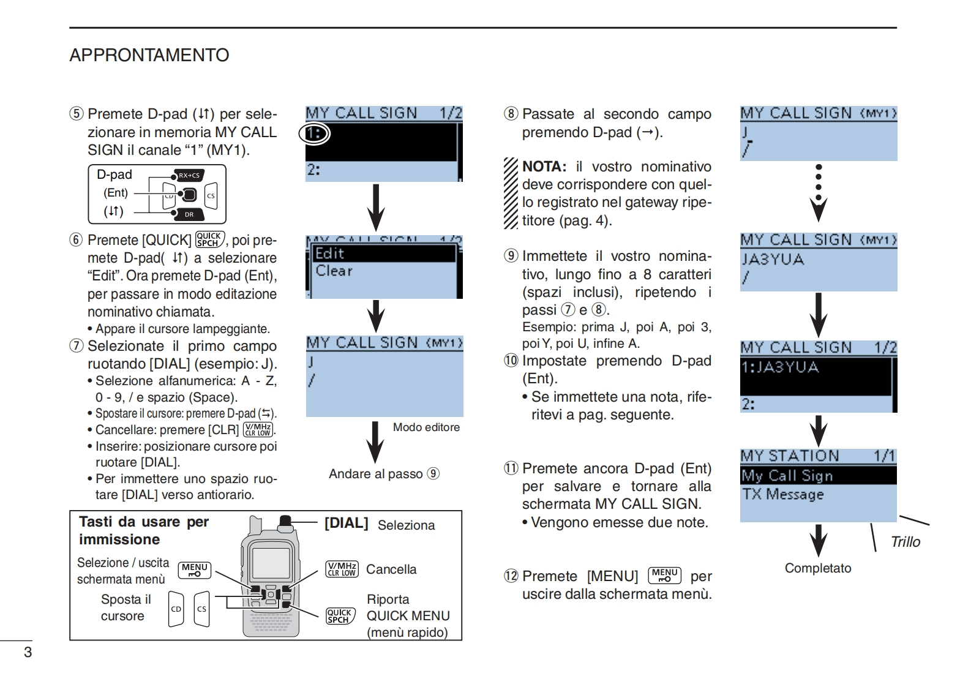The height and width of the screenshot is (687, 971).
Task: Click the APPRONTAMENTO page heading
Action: [149, 55]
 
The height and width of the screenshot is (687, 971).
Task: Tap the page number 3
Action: [28, 651]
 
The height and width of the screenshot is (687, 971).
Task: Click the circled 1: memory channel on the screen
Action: [315, 133]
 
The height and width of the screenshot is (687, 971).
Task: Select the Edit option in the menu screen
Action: [330, 253]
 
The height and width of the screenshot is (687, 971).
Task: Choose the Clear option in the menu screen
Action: [334, 271]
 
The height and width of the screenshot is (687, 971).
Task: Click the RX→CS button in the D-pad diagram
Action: [189, 176]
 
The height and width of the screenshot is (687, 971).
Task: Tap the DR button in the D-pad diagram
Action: [189, 214]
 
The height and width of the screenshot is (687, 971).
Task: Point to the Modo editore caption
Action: [426, 427]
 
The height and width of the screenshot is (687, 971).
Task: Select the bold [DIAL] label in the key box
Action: [346, 523]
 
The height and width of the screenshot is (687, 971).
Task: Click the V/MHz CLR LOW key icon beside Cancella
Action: [342, 569]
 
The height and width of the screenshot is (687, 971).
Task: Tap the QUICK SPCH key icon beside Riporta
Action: [340, 616]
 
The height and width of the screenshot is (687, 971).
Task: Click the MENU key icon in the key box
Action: [194, 570]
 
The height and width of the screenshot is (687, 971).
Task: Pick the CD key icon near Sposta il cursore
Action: [176, 609]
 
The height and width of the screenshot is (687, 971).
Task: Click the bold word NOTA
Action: [544, 167]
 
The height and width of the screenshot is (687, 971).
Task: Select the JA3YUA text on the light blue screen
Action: [773, 260]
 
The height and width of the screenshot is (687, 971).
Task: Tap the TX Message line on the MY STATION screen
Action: [783, 494]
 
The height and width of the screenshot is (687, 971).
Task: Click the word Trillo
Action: [905, 542]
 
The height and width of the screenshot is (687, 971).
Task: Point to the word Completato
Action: [818, 568]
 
